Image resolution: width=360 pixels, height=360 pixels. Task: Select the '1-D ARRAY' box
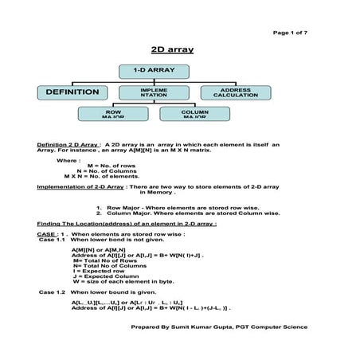[x=154, y=72]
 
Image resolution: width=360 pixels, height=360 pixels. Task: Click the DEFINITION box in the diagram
[x=72, y=92]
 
